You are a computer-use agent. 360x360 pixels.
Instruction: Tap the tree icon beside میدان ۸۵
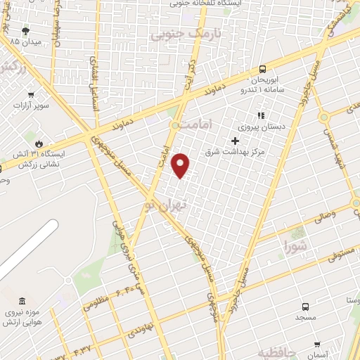26,31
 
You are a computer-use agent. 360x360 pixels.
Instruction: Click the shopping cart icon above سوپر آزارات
30,94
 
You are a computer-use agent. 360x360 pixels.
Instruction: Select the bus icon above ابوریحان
262,69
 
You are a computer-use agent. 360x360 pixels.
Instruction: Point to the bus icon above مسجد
305,307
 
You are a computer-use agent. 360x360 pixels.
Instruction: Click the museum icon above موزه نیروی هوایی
23,301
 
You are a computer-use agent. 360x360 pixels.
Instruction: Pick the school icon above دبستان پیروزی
259,115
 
